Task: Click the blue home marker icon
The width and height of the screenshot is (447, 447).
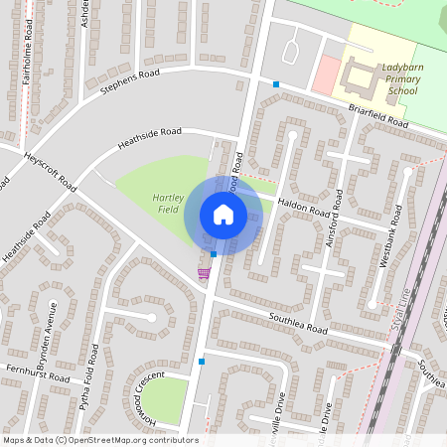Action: click(x=223, y=215)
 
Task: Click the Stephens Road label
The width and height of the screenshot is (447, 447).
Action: click(x=130, y=82)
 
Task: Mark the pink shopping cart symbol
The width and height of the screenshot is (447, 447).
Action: click(x=205, y=273)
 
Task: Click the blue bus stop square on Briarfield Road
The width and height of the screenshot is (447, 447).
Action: click(x=276, y=84)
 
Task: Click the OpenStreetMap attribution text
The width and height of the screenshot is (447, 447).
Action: click(x=99, y=440)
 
